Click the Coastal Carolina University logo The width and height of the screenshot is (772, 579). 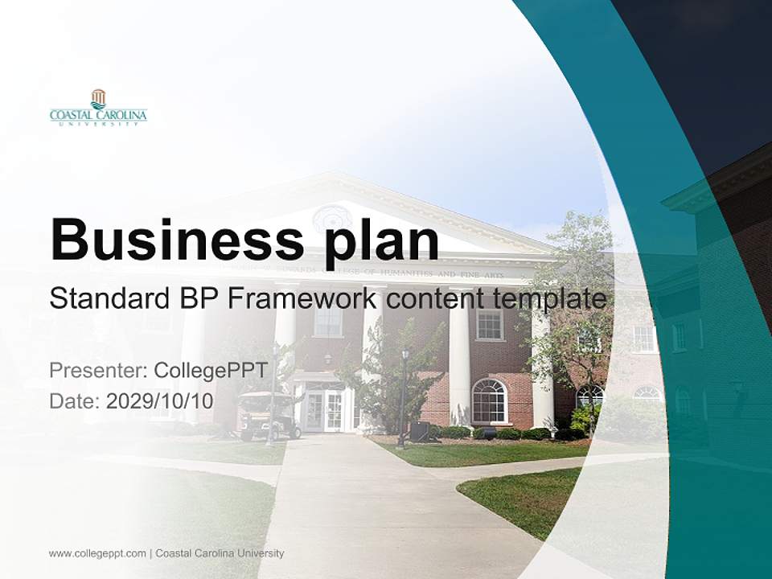(x=98, y=108)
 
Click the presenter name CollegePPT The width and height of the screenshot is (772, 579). (x=210, y=371)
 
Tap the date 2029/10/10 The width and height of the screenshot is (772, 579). (x=159, y=401)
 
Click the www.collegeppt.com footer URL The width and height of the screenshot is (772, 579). (x=97, y=553)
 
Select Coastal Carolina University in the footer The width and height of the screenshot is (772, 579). (x=220, y=553)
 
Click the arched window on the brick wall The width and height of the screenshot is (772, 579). (x=489, y=400)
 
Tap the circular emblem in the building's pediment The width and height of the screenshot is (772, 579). (x=331, y=219)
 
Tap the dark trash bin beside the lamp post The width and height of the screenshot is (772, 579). (x=419, y=431)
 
